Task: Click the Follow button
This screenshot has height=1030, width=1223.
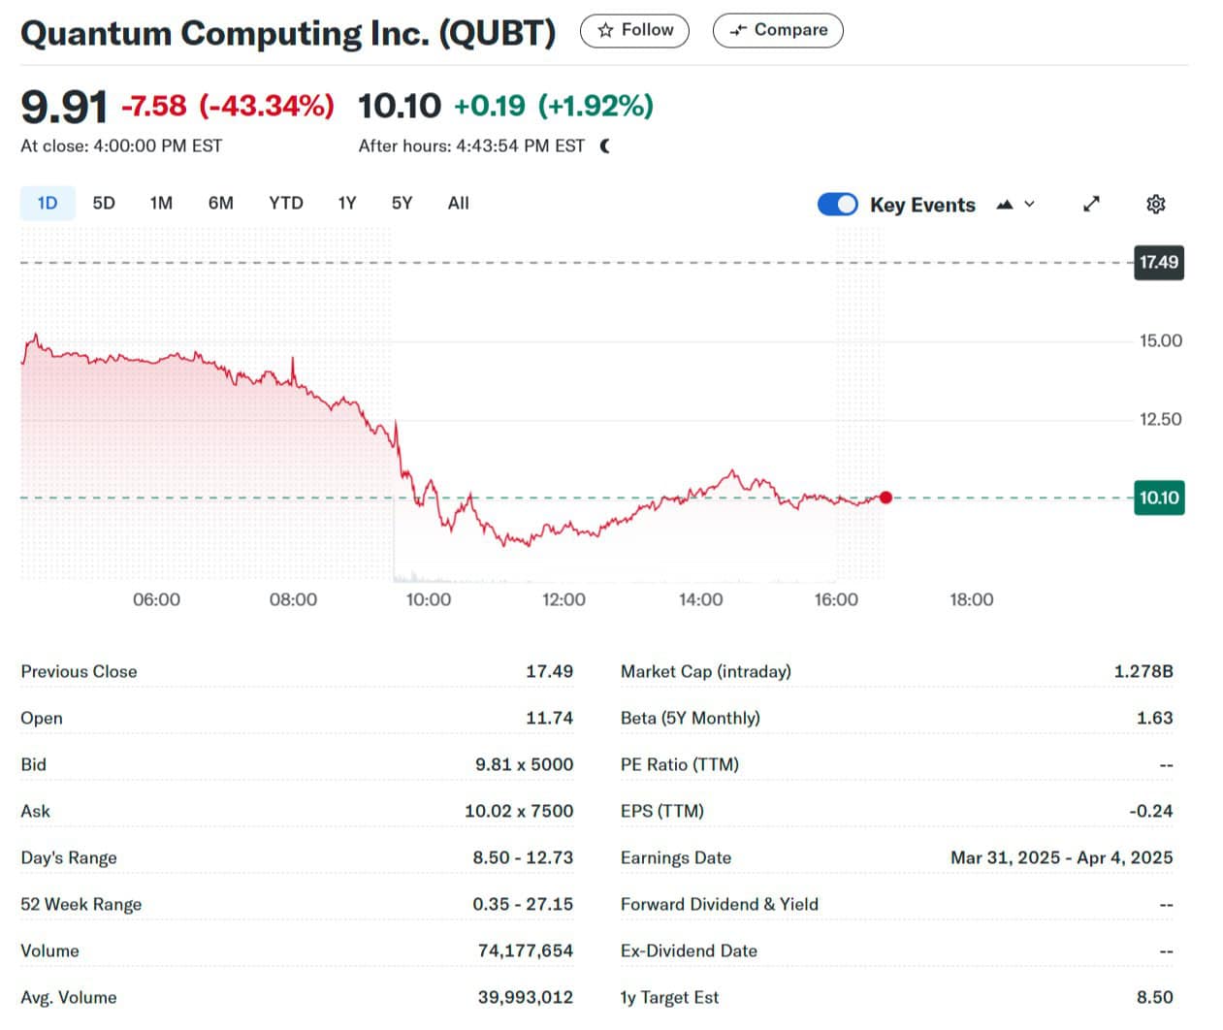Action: (634, 30)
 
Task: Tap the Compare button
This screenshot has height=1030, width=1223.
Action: (778, 30)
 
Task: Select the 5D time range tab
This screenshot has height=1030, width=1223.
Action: (104, 204)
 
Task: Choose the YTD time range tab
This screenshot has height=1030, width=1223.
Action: (285, 204)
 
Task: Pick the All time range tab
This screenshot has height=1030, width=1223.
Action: (458, 204)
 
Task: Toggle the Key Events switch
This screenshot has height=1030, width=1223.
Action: (837, 205)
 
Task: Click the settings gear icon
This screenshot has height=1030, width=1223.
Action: (1155, 205)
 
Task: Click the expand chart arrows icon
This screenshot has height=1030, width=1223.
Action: (1091, 205)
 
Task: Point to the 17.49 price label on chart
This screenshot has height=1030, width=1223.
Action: (1159, 262)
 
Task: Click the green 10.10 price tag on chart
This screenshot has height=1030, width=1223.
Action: (1159, 499)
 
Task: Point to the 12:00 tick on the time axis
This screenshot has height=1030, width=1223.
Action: (563, 600)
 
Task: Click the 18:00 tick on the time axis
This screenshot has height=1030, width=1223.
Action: (971, 600)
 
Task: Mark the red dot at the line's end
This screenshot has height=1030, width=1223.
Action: (885, 498)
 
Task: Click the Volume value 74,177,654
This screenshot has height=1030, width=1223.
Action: (525, 951)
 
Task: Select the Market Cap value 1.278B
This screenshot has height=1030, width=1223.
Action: (1143, 671)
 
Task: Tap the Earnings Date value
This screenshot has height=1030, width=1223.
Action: (1061, 858)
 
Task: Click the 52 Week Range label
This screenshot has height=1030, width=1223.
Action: (81, 905)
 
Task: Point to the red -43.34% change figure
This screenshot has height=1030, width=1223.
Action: (267, 106)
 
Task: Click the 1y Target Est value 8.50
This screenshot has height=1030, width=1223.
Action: (1154, 998)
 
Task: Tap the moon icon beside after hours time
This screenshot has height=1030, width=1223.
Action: (605, 146)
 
